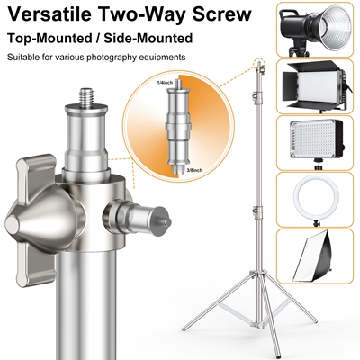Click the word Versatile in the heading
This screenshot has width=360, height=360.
pyautogui.click(x=50, y=13)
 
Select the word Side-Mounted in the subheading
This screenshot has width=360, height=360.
pyautogui.click(x=148, y=38)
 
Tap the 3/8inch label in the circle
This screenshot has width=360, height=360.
pyautogui.click(x=194, y=170)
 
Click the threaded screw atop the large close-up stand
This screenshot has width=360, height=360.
pyautogui.click(x=86, y=95)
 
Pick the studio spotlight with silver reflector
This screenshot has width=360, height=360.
pyautogui.click(x=314, y=30)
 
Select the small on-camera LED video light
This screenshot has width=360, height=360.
pyautogui.click(x=317, y=142)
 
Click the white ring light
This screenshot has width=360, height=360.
pyautogui.click(x=316, y=199)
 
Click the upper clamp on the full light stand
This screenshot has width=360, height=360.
pyautogui.click(x=257, y=97)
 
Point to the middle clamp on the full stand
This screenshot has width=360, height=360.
pyautogui.click(x=257, y=211)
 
